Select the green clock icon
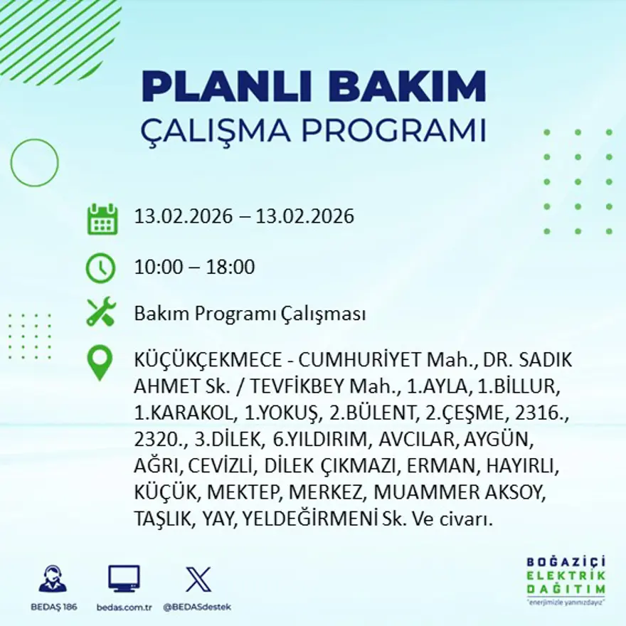point(100,268)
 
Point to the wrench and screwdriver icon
point(100,313)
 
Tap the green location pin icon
point(100,361)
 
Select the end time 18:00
point(230,267)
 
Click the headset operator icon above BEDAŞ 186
point(53,579)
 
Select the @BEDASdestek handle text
point(197,607)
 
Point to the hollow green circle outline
point(34,163)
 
